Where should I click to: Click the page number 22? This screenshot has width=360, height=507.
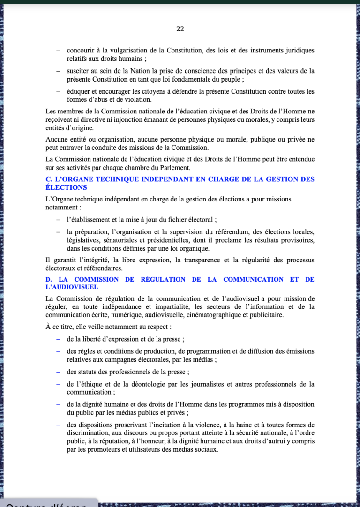point(180,29)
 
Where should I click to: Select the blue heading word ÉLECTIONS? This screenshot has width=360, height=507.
point(66,187)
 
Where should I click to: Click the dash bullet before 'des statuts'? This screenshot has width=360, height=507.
point(58,372)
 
